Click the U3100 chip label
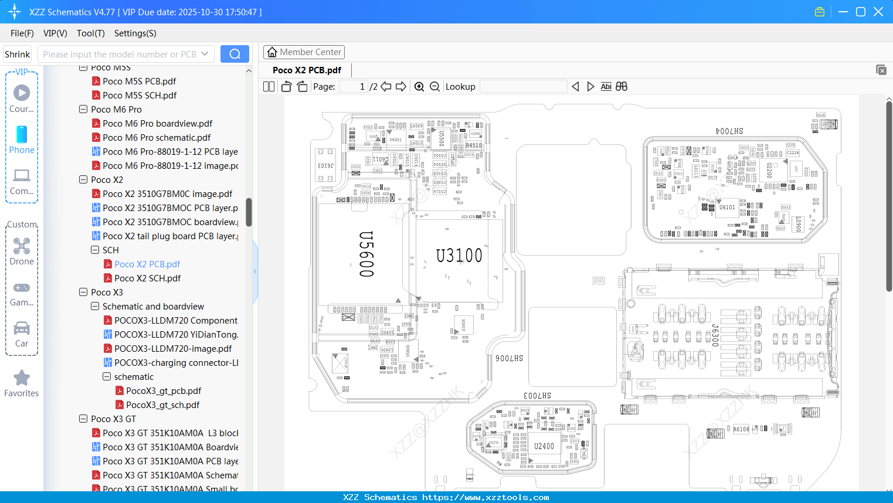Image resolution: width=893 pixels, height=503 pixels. click(459, 256)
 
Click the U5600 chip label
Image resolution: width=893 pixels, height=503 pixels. click(366, 254)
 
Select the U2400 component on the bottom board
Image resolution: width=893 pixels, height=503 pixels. click(544, 446)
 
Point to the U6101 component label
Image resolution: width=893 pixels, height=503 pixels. click(727, 208)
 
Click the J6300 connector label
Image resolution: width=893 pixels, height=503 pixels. click(715, 335)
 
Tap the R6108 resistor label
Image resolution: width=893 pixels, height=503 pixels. click(741, 429)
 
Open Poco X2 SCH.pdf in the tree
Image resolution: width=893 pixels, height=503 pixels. click(147, 278)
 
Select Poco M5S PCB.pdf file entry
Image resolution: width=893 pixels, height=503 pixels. click(139, 81)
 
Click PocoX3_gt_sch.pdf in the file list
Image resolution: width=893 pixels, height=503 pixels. click(162, 405)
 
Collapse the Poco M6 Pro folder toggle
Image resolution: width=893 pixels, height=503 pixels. click(83, 110)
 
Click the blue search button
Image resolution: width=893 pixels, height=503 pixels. click(235, 54)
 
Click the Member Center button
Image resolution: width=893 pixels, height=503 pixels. click(304, 52)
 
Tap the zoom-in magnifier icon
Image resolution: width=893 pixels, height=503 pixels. click(419, 87)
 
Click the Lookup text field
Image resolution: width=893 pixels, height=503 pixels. click(523, 87)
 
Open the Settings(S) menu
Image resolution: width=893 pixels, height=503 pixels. click(135, 33)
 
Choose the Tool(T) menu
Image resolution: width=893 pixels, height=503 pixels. click(90, 33)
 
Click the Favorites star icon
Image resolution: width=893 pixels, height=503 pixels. click(22, 378)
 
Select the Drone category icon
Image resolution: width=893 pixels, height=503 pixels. click(22, 246)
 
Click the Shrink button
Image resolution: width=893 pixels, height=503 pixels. click(18, 54)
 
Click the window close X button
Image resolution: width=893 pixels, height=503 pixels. click(878, 12)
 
